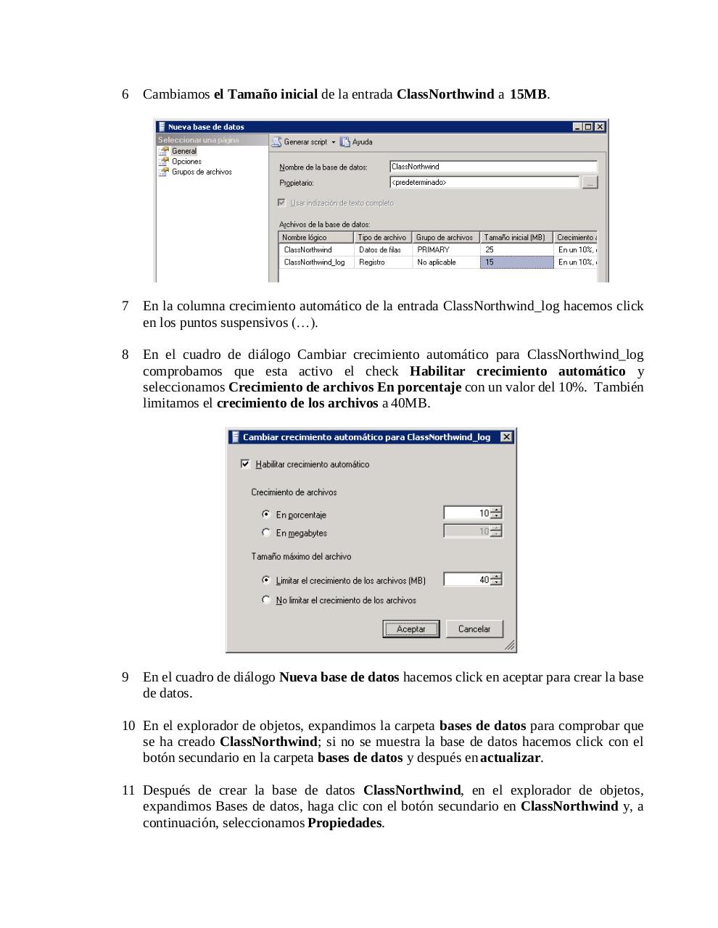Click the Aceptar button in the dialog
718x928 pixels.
click(410, 629)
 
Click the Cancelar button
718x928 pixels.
click(474, 629)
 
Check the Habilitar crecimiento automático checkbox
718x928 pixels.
click(245, 464)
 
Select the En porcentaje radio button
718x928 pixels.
click(266, 515)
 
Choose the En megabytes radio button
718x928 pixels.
click(266, 533)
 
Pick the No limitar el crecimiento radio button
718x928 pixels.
click(266, 600)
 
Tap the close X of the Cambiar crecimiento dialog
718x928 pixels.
click(506, 437)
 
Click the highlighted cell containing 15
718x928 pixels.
click(515, 262)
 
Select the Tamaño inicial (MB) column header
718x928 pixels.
click(515, 238)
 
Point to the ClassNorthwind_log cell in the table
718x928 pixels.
click(315, 262)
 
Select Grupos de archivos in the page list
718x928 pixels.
click(201, 173)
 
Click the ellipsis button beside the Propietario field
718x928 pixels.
click(590, 183)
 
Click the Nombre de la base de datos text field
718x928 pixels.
click(492, 167)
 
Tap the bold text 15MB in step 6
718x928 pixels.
click(528, 94)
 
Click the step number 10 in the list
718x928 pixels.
click(128, 726)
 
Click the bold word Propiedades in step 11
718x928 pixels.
click(344, 823)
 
